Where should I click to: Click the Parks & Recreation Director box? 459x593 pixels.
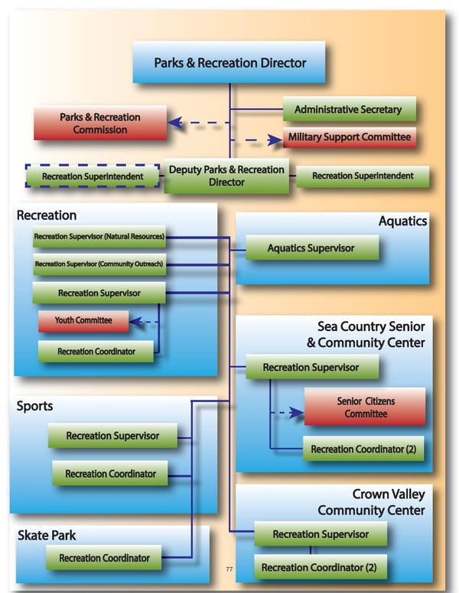tap(229, 63)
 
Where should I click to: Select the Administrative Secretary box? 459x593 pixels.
tap(348, 109)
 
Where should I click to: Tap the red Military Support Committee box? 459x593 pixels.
tap(350, 138)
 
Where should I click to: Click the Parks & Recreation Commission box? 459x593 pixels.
tap(100, 124)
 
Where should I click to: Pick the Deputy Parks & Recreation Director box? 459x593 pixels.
tap(227, 176)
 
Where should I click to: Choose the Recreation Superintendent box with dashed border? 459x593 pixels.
tap(93, 177)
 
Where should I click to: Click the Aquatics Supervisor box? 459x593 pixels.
tap(311, 248)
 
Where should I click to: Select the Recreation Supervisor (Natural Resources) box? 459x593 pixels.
tap(99, 237)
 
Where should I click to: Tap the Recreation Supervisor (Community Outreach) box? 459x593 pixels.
tap(99, 264)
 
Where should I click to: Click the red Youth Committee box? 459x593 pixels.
tap(83, 321)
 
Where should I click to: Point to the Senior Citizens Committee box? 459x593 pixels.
tap(366, 408)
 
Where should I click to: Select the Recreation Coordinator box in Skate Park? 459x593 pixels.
tap(104, 558)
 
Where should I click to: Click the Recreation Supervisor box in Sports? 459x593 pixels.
tap(112, 436)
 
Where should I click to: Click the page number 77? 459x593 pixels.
tap(229, 569)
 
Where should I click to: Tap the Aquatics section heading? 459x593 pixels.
tap(402, 222)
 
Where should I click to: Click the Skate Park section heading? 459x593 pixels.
tap(47, 536)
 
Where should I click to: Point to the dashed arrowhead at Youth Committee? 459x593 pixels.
tap(136, 322)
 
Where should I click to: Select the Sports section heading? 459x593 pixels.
tap(35, 406)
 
